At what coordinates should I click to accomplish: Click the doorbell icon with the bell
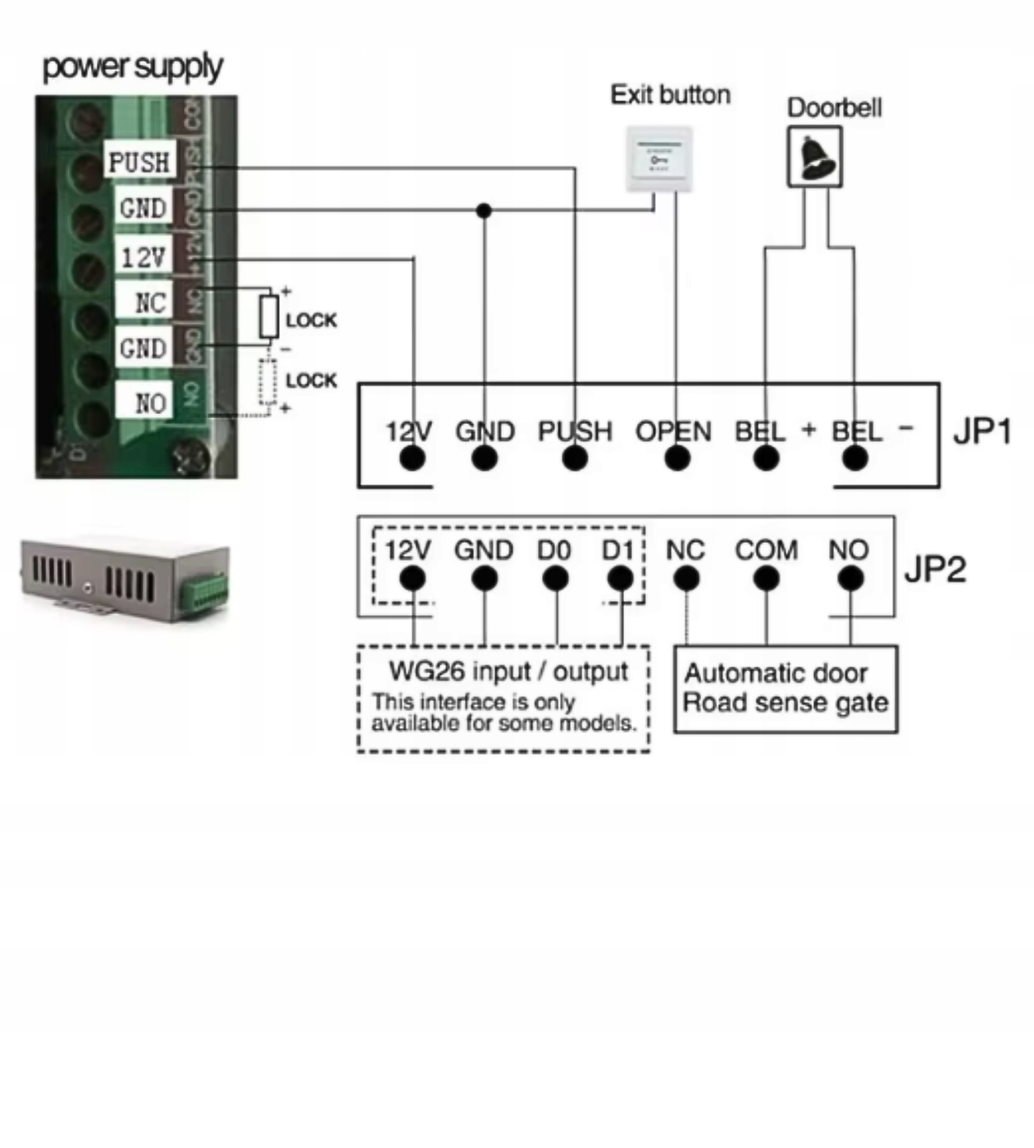(815, 157)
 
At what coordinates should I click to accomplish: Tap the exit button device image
(659, 159)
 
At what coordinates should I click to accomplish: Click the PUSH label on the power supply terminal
(139, 162)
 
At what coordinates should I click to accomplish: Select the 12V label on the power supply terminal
(143, 257)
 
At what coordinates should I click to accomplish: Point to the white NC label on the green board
(149, 303)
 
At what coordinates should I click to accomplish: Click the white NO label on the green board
(150, 403)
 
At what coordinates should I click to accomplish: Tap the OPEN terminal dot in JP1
(676, 458)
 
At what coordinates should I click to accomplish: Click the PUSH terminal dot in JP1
(575, 458)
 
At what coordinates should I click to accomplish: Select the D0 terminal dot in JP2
(555, 579)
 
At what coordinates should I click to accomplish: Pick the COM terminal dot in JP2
(766, 579)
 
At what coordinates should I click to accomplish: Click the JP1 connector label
(982, 430)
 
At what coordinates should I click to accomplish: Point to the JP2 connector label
(935, 568)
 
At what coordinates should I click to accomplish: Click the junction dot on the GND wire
(484, 211)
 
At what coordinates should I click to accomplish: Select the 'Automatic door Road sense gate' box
(785, 689)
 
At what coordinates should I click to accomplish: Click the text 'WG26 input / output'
(508, 672)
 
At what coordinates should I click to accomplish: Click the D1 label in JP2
(617, 550)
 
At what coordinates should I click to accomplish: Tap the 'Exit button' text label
(670, 95)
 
